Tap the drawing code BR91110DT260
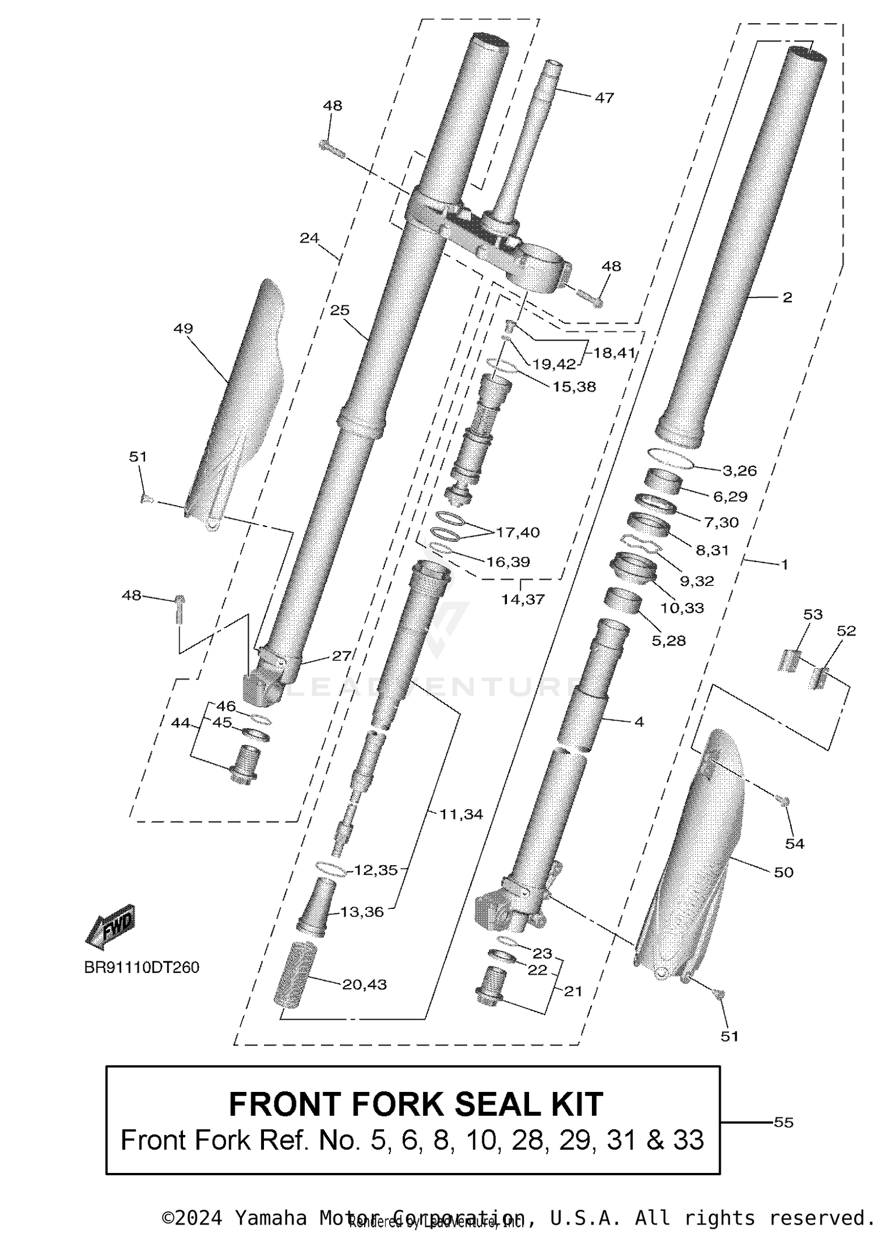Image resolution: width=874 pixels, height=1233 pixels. pyautogui.click(x=142, y=967)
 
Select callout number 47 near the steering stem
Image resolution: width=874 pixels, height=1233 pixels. pyautogui.click(x=604, y=97)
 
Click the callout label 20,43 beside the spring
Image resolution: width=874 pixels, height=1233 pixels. pyautogui.click(x=364, y=984)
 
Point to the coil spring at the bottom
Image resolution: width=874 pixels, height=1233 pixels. pyautogui.click(x=294, y=973)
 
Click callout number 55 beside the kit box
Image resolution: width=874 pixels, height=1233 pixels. pyautogui.click(x=784, y=1122)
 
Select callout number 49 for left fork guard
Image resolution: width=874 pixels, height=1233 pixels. pyautogui.click(x=183, y=328)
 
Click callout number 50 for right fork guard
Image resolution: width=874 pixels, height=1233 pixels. pyautogui.click(x=784, y=872)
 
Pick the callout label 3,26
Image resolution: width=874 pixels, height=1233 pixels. pyautogui.click(x=739, y=470)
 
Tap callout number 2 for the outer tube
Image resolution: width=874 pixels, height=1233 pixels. pyautogui.click(x=787, y=297)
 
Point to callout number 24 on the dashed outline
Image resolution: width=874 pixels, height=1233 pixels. pyautogui.click(x=309, y=237)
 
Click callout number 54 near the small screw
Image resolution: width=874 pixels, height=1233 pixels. pyautogui.click(x=795, y=843)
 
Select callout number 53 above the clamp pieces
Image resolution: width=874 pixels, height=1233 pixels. pyautogui.click(x=813, y=614)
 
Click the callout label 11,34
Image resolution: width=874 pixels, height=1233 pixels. pyautogui.click(x=461, y=814)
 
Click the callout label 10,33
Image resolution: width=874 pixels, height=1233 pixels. pyautogui.click(x=682, y=607)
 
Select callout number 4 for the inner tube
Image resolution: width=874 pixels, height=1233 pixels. pyautogui.click(x=639, y=721)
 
